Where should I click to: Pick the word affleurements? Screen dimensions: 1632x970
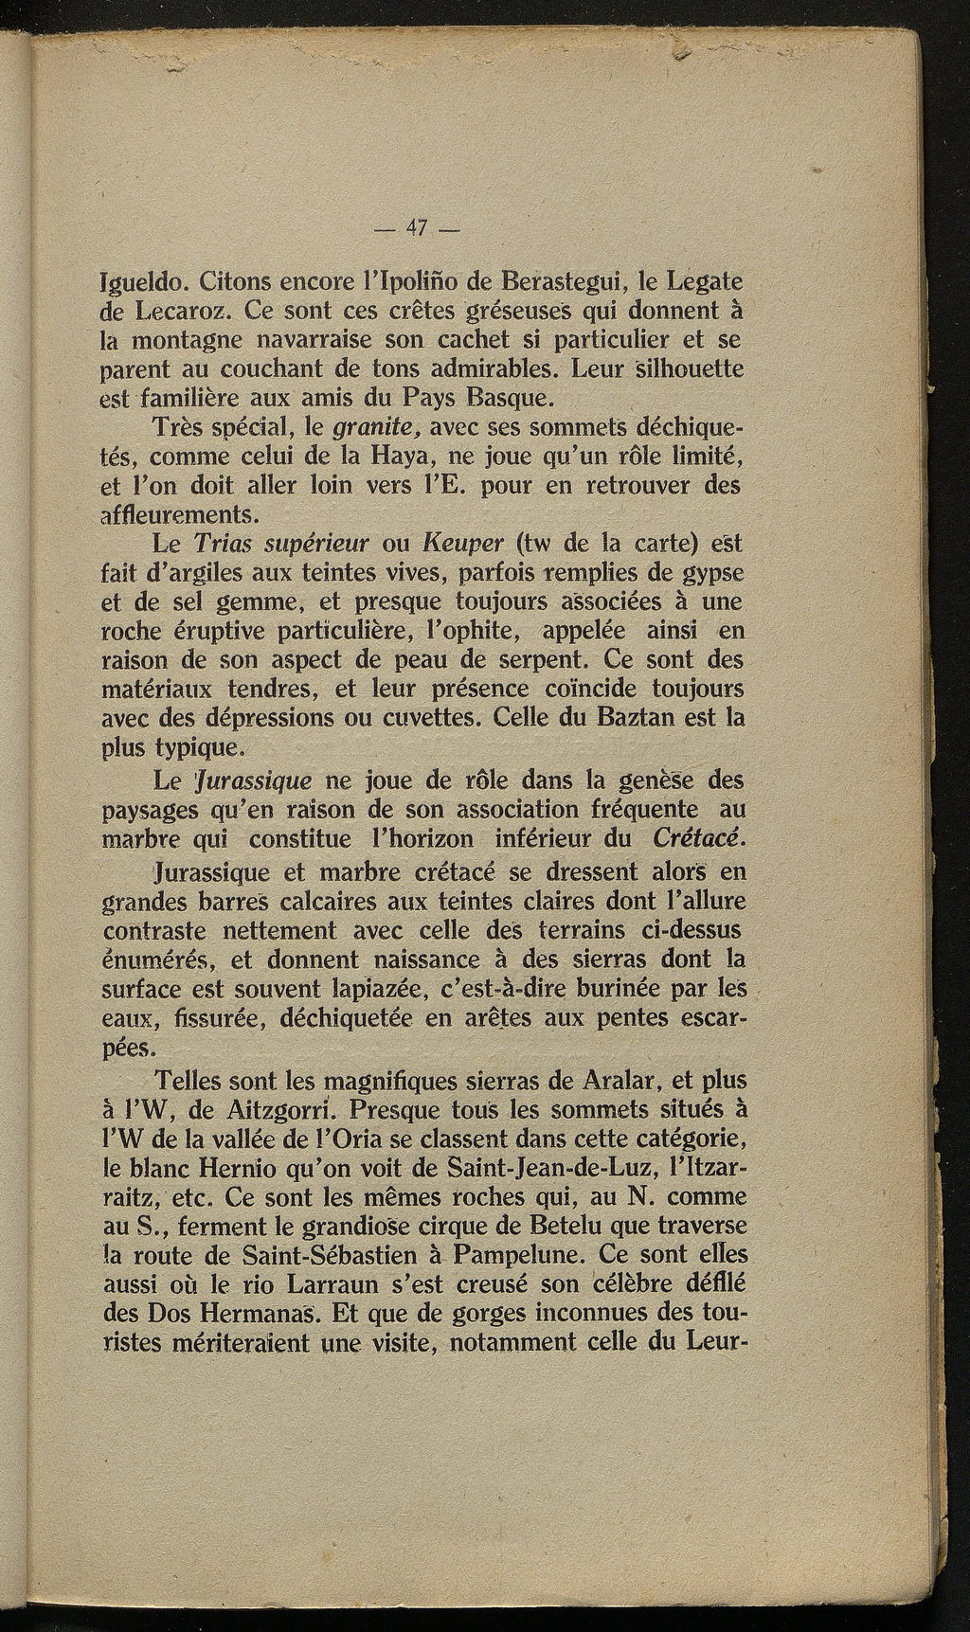[180, 514]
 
